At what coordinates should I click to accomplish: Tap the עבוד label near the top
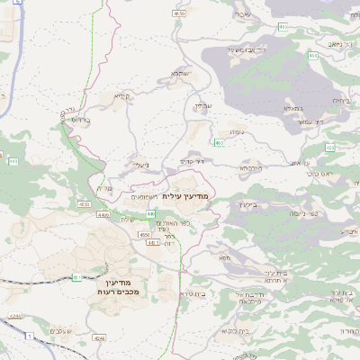pos(243,14)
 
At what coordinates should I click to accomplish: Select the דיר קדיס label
pos(191,161)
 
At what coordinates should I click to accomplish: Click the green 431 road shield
pos(76,276)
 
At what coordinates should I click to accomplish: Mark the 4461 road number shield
pos(103,215)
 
